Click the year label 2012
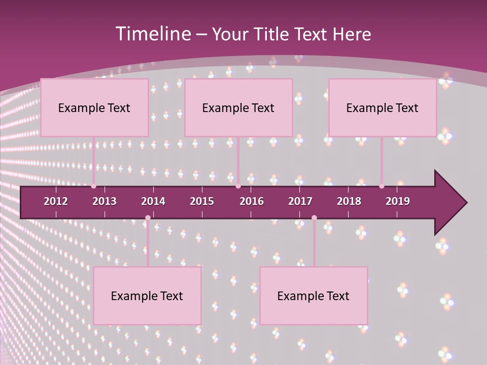(56, 201)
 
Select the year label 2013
(105, 201)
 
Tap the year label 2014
(153, 201)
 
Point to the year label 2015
(202, 201)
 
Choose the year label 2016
(252, 201)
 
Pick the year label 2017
(300, 201)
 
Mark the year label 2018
(349, 201)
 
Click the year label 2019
(398, 201)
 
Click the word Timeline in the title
(153, 34)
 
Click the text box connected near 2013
(94, 107)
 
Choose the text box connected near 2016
(238, 107)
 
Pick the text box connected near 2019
(382, 107)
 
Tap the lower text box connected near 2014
(147, 296)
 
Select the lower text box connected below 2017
(314, 296)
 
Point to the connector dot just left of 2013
(93, 186)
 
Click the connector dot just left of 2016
(238, 186)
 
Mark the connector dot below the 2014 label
(148, 217)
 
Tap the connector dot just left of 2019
(381, 186)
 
